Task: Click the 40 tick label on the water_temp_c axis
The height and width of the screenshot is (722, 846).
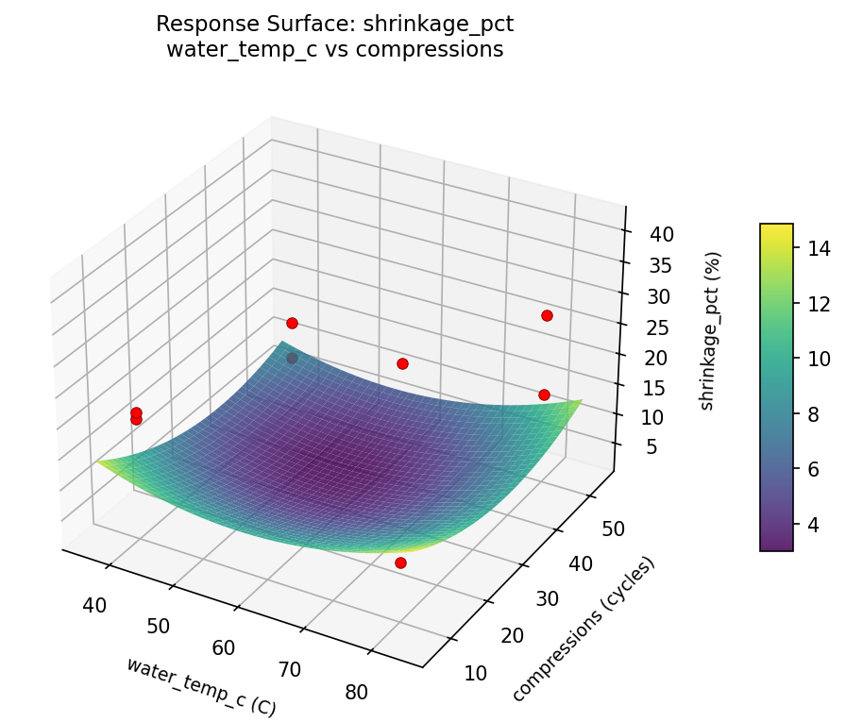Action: coord(94,605)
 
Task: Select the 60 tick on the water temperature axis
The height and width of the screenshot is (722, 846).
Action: coord(224,647)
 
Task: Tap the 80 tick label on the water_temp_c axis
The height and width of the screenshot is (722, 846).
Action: coord(356,692)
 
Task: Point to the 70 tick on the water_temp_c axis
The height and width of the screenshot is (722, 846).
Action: coord(289,670)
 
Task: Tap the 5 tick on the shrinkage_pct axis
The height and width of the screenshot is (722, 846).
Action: coord(648,448)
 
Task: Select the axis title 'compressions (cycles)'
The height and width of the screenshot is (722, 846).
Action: coord(583,630)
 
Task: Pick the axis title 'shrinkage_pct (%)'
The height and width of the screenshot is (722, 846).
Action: coord(714,330)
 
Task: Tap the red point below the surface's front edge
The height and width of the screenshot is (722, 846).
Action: coord(400,562)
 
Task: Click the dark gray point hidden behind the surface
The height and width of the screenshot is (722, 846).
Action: coord(292,358)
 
